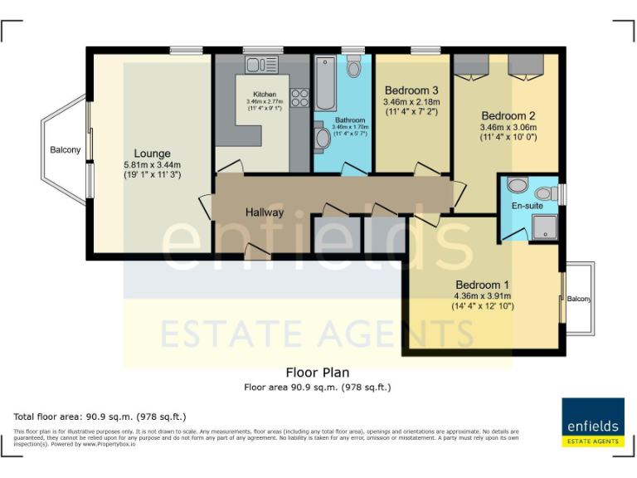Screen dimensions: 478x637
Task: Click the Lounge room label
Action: tap(153, 154)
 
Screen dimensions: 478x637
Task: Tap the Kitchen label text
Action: tap(265, 95)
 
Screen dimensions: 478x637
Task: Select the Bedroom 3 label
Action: tap(411, 90)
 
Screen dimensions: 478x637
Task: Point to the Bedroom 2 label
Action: tap(508, 115)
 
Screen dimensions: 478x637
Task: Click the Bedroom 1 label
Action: tap(482, 285)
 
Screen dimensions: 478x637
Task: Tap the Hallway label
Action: tap(265, 212)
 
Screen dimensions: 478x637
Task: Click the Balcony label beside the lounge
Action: tap(66, 150)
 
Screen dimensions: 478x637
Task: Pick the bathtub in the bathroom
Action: tap(326, 83)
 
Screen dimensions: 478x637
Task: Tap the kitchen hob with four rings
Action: tap(300, 99)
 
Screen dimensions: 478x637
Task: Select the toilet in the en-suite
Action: tap(518, 185)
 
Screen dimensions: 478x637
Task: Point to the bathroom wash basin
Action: tap(323, 139)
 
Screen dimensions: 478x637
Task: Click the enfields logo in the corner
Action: tap(592, 422)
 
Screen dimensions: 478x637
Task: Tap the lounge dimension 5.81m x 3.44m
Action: tap(152, 165)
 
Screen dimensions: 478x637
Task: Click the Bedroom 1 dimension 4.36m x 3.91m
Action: tap(483, 296)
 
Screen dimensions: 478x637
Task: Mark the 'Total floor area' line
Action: tap(100, 416)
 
